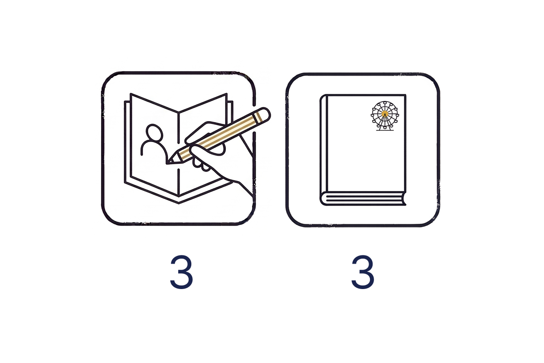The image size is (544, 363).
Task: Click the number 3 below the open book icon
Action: [181, 272]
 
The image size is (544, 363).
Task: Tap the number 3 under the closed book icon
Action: [363, 272]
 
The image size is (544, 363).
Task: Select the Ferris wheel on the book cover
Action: [385, 116]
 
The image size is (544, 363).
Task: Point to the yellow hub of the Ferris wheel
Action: [385, 114]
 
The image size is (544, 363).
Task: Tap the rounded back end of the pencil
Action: [265, 114]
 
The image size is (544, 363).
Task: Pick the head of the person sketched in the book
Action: [154, 132]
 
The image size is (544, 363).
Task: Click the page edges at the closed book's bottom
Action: [364, 199]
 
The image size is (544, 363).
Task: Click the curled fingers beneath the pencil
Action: [202, 161]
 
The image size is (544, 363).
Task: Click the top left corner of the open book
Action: [131, 93]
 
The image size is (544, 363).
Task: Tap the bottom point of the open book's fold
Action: [179, 203]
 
